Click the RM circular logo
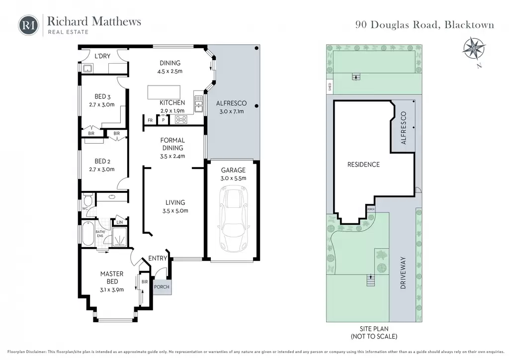pos(28,25)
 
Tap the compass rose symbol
pos(474,49)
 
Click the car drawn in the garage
pos(233,219)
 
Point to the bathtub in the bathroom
pos(87,234)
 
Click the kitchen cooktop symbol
pos(181,119)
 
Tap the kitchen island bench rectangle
pos(164,92)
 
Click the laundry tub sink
pos(87,69)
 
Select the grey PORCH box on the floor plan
pos(162,287)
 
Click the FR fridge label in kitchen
pos(150,120)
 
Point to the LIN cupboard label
pos(119,222)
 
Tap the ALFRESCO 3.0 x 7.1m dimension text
pos(232,111)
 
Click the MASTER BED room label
pos(112,278)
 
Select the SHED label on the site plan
pos(330,87)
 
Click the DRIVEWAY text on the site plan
pos(403,273)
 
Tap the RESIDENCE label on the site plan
pos(363,165)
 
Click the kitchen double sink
pos(198,104)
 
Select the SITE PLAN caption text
pos(374,329)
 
